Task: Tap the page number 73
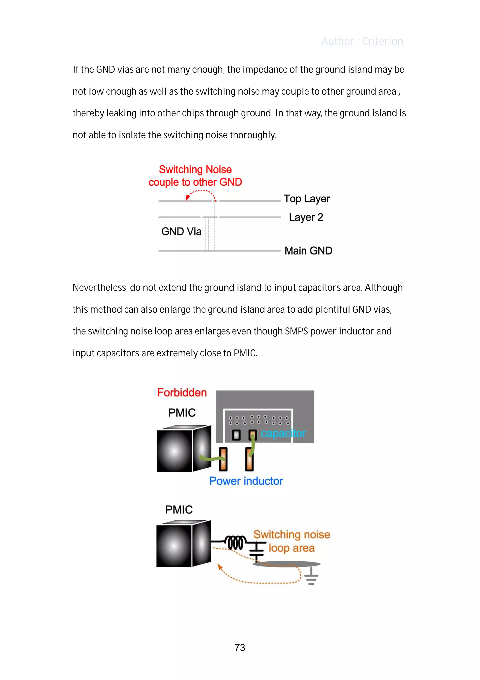(240, 647)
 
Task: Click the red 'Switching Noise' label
(195, 169)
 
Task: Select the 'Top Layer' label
(307, 199)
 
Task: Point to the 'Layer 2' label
(306, 217)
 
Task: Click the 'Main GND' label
(308, 251)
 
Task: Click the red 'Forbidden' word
(182, 392)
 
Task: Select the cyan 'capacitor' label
(283, 433)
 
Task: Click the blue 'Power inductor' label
(246, 481)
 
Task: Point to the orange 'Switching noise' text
(292, 534)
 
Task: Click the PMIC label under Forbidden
(182, 413)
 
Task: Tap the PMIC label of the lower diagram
(179, 510)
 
